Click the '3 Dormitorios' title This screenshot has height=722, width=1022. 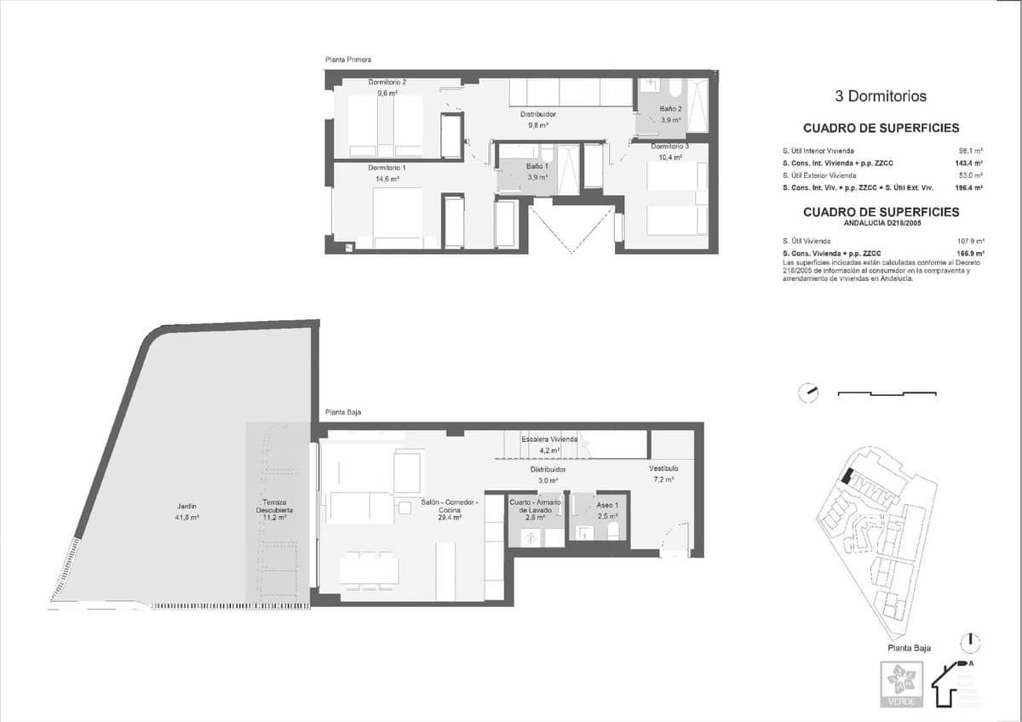coord(881,97)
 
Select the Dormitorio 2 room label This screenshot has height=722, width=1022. coord(387,83)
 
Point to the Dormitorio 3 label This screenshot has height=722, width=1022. coord(669,147)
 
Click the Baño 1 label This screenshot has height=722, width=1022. coord(537,166)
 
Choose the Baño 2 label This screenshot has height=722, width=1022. coord(670,109)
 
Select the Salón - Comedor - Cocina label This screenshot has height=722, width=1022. coord(450,502)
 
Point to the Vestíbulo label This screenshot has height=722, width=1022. coord(663,468)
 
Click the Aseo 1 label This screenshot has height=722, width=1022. coord(608,502)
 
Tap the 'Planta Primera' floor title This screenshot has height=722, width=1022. coord(348,60)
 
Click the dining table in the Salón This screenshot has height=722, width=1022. coord(369,569)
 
